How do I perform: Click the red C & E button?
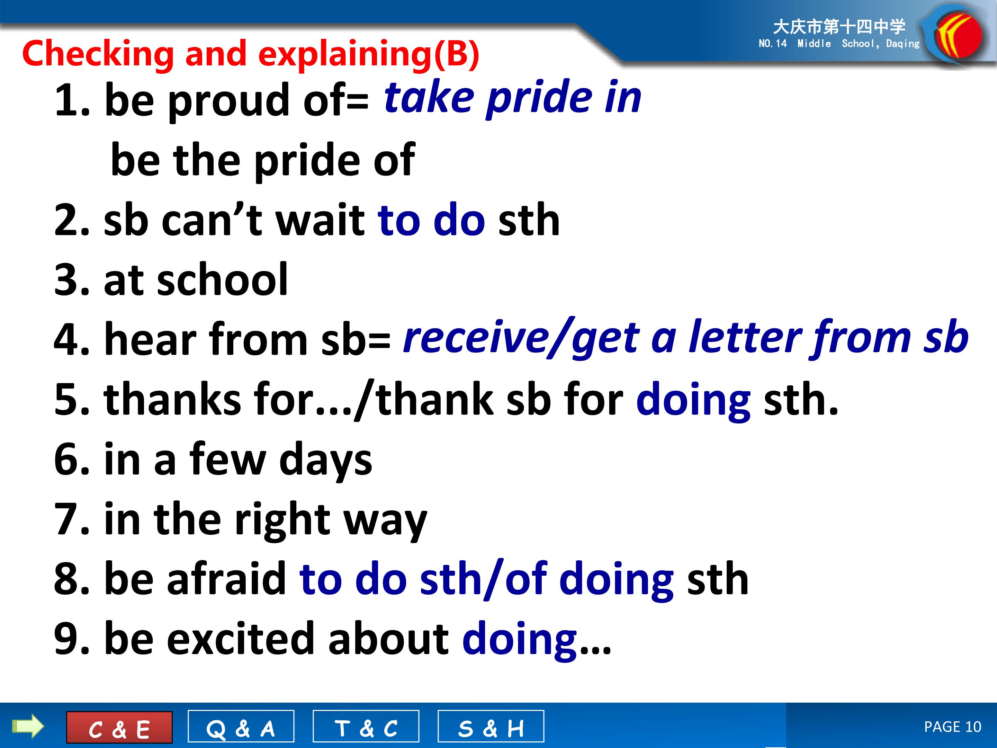[x=119, y=727]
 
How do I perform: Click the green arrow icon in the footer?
[x=28, y=727]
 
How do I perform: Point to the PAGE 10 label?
[x=952, y=727]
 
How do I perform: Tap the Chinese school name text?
[x=839, y=27]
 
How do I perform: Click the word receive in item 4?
[x=476, y=338]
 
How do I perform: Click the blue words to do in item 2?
[x=431, y=220]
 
